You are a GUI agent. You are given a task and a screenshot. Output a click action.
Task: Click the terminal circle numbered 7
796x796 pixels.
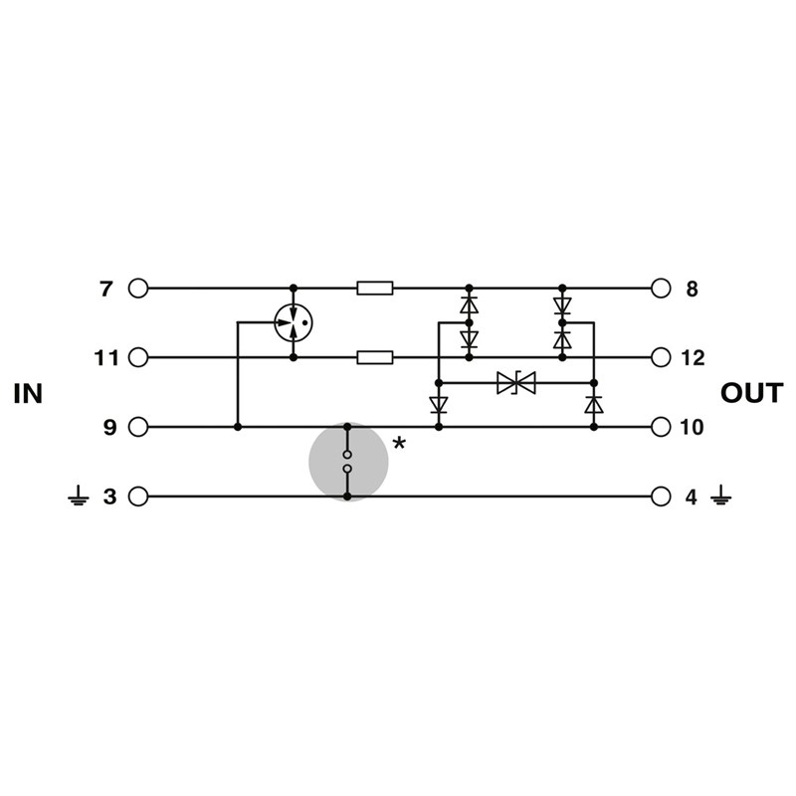pyautogui.click(x=138, y=289)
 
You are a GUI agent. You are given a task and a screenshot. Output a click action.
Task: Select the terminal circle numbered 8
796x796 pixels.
pyautogui.click(x=661, y=289)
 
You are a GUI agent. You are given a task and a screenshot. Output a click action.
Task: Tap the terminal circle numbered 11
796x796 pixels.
pyautogui.click(x=138, y=357)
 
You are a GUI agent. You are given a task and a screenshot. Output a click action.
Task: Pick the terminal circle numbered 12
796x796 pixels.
pyautogui.click(x=661, y=357)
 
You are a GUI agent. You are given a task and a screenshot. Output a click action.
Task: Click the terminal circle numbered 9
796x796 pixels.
pyautogui.click(x=138, y=427)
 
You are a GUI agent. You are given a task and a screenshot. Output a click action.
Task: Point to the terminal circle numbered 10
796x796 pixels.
pyautogui.click(x=661, y=427)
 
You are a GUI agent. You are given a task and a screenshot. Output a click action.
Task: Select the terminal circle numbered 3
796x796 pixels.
pyautogui.click(x=138, y=496)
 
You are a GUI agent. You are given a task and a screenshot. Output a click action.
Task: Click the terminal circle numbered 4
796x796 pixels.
pyautogui.click(x=661, y=496)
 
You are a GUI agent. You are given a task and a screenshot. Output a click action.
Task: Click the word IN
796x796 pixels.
pyautogui.click(x=29, y=394)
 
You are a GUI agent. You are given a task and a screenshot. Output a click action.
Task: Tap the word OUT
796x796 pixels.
pyautogui.click(x=752, y=394)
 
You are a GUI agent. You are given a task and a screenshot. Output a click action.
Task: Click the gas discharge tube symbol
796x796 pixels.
pyautogui.click(x=294, y=322)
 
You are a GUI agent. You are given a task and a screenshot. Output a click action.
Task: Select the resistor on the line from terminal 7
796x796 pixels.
pyautogui.click(x=375, y=289)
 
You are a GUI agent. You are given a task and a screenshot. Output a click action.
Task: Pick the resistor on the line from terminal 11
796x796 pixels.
pyautogui.click(x=375, y=357)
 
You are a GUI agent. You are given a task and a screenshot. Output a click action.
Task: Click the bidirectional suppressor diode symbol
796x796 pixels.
pyautogui.click(x=516, y=382)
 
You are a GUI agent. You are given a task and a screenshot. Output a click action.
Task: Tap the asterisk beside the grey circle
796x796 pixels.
pyautogui.click(x=400, y=444)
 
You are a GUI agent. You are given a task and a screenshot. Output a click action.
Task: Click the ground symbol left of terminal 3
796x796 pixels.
pyautogui.click(x=79, y=496)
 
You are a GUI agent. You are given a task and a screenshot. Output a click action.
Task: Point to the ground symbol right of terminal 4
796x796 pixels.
pyautogui.click(x=720, y=496)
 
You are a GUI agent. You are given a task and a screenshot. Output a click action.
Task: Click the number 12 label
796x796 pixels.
pyautogui.click(x=692, y=358)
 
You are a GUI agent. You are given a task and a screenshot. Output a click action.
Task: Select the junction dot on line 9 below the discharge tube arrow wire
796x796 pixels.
pyautogui.click(x=238, y=427)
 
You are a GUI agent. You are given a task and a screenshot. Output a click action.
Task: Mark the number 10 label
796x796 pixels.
pyautogui.click(x=692, y=428)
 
